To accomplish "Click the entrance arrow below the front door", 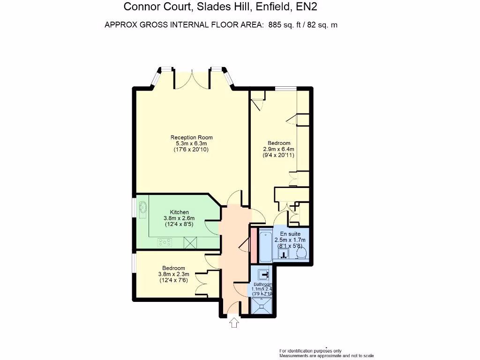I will (x=233, y=323).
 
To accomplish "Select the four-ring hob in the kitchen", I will (x=165, y=242).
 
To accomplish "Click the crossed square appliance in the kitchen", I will (x=190, y=242).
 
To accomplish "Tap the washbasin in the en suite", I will (x=284, y=254).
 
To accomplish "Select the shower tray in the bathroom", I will (x=262, y=306).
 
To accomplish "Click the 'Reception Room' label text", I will (x=191, y=137).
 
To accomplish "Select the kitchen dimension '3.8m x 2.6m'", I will (x=179, y=218).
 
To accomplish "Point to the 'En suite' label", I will (x=290, y=233).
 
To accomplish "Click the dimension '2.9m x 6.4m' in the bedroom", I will (x=278, y=149).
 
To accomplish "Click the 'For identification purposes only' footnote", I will (x=310, y=351).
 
